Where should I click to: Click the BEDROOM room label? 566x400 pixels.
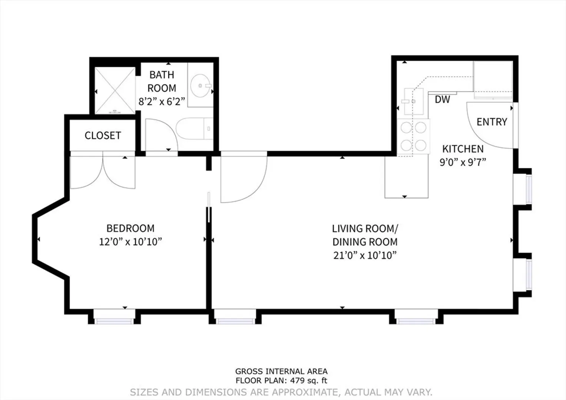tap(130, 229)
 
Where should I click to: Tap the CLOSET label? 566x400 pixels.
tap(103, 136)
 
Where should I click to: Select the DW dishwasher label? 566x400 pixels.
tap(442, 100)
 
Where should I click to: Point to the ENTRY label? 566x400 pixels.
tap(492, 122)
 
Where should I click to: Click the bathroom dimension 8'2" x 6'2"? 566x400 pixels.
tap(162, 101)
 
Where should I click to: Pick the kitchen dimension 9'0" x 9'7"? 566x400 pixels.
tap(463, 162)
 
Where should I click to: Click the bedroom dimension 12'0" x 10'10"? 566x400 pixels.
tap(130, 242)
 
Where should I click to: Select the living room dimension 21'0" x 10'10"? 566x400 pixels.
tap(365, 255)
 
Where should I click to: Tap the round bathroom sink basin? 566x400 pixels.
tap(200, 86)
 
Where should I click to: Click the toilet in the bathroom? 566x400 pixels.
tap(194, 129)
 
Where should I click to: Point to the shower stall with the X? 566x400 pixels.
tap(115, 90)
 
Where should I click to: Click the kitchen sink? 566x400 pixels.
tap(414, 101)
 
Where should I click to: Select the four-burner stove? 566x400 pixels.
tap(413, 136)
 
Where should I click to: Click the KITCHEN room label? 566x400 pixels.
tap(463, 149)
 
